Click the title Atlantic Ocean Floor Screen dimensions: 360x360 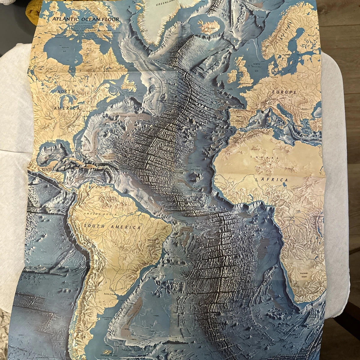tap(86, 19)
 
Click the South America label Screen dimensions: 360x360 tap(116, 226)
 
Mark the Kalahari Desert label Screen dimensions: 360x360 tap(304, 274)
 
